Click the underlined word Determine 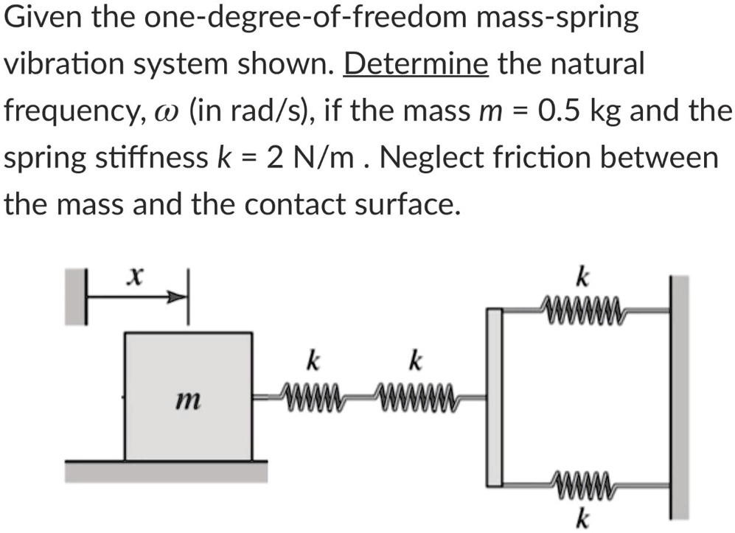[x=416, y=65]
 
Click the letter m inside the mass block [x=187, y=401]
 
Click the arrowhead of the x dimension [x=177, y=299]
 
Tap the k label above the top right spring [x=582, y=279]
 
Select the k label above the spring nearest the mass [x=313, y=362]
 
